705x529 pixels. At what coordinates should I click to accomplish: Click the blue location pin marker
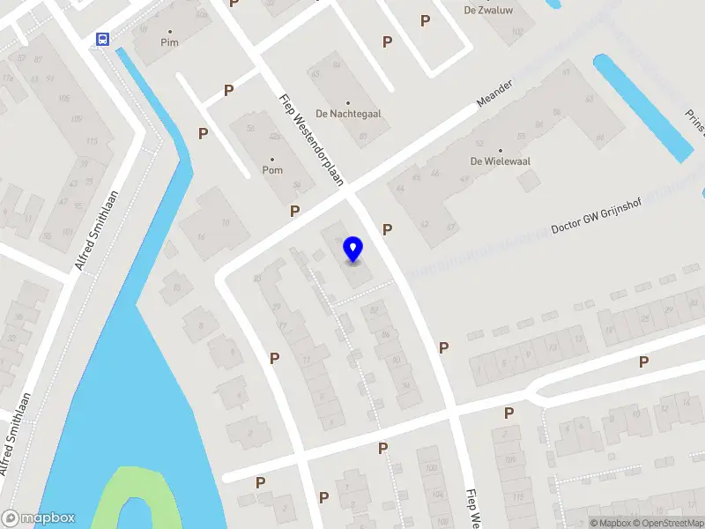coord(353,250)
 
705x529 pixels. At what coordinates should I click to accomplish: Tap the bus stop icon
coord(103,39)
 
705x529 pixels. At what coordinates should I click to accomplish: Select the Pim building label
coord(169,42)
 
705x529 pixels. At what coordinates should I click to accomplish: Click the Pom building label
coord(272,169)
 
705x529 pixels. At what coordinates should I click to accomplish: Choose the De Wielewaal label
coord(499,161)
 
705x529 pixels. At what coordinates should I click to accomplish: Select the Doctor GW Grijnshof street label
coord(596,215)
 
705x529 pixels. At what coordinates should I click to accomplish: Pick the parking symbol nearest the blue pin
coord(387,229)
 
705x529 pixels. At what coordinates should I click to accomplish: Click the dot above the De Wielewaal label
coord(500,149)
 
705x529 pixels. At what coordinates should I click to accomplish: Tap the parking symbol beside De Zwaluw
coord(426,20)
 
